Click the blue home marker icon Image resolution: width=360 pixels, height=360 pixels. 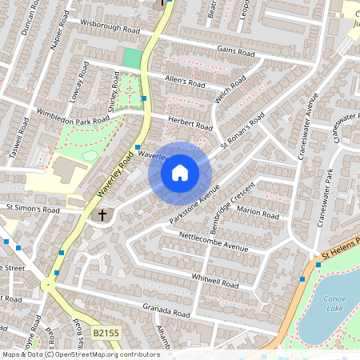(x=180, y=172)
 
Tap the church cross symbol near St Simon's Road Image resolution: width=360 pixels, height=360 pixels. (x=102, y=215)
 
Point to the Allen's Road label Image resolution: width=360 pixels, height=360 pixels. (x=185, y=82)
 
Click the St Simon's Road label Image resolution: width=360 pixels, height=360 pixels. (x=34, y=209)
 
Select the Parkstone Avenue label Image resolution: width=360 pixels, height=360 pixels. (x=194, y=206)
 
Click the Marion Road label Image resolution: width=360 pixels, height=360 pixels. (x=258, y=214)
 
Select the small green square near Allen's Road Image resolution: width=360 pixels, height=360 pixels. (x=131, y=58)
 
